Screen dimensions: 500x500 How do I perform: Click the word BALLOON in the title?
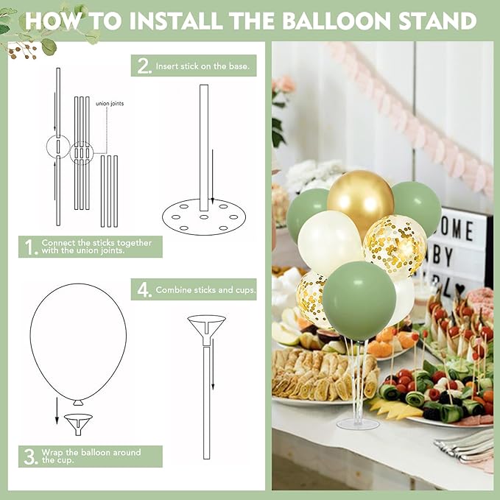tap(337, 21)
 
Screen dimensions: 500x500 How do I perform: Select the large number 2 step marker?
tap(144, 66)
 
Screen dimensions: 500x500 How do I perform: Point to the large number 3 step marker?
tap(31, 457)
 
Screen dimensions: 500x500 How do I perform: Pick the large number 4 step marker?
tap(144, 290)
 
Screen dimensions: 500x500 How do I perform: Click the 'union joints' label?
tap(110, 104)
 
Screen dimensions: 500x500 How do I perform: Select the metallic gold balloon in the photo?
tap(360, 200)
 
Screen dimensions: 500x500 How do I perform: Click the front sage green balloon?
tap(359, 300)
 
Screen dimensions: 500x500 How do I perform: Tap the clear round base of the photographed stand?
tap(358, 424)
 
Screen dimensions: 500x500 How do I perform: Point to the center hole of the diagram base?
tap(204, 217)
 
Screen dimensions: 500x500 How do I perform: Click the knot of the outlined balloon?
tap(78, 403)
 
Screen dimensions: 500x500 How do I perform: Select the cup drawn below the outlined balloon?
tap(79, 423)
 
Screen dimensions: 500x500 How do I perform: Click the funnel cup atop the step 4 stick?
tap(207, 329)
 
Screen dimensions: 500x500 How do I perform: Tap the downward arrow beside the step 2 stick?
tap(213, 176)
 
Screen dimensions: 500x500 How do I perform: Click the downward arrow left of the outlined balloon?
tap(57, 411)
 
